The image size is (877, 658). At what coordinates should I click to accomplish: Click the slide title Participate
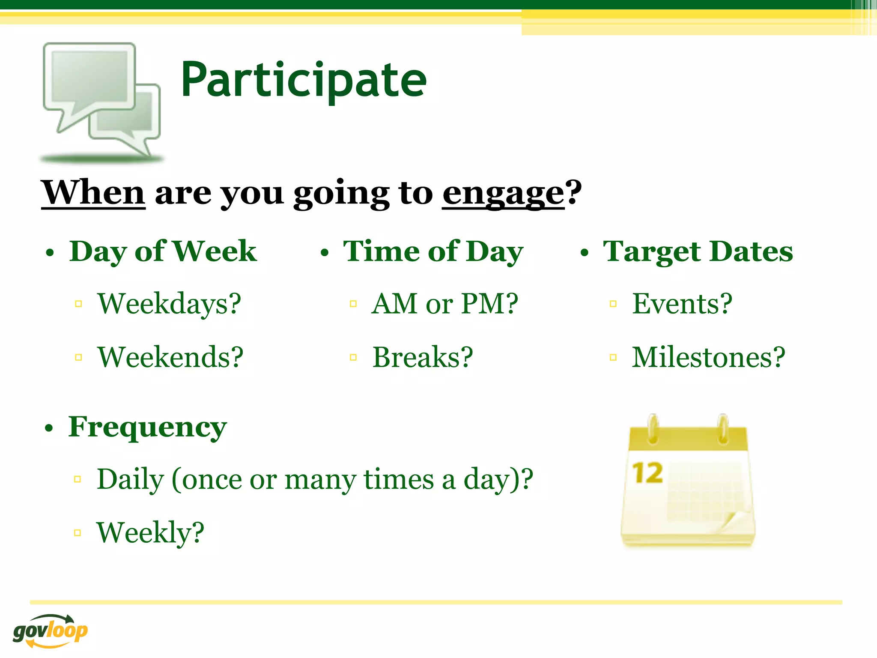pyautogui.click(x=304, y=80)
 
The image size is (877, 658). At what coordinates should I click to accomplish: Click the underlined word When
pyautogui.click(x=93, y=193)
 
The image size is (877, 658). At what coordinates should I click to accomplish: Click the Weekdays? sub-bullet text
pyautogui.click(x=169, y=304)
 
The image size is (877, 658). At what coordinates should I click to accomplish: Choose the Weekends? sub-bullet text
pyautogui.click(x=170, y=357)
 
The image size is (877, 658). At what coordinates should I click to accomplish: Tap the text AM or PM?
pyautogui.click(x=444, y=304)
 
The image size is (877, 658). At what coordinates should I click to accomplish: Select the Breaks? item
pyautogui.click(x=423, y=357)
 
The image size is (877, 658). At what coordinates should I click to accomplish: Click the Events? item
pyautogui.click(x=682, y=304)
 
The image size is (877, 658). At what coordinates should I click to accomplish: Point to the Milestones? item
pyautogui.click(x=708, y=357)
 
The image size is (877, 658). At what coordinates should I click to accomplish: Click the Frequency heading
pyautogui.click(x=147, y=427)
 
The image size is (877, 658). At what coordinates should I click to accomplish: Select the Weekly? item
pyautogui.click(x=150, y=532)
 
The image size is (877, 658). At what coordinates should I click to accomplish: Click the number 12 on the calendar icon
pyautogui.click(x=647, y=473)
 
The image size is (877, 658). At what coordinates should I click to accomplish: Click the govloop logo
pyautogui.click(x=50, y=631)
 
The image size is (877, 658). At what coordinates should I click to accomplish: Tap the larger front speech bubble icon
pyautogui.click(x=89, y=79)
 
